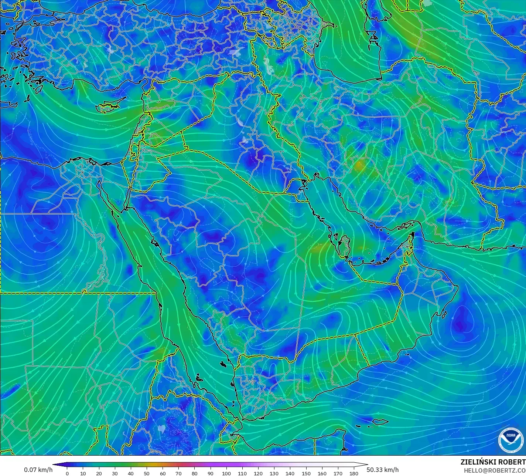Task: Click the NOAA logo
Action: point(511,440)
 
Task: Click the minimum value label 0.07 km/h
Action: point(38,470)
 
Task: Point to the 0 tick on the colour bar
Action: point(67,473)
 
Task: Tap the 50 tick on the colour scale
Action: point(147,473)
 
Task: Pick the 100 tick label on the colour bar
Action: point(226,473)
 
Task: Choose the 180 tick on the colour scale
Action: point(354,473)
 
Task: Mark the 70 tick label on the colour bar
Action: point(178,473)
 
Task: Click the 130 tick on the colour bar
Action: point(274,473)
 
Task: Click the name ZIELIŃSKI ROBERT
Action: point(493,462)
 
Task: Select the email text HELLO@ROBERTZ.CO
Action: point(495,470)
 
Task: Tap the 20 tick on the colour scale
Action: point(99,473)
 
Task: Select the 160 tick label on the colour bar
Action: point(322,473)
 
